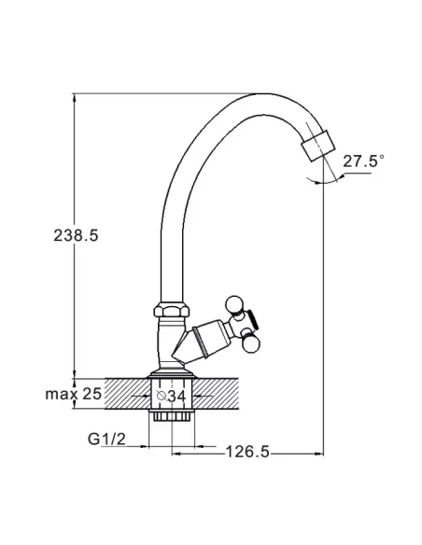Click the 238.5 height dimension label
pyautogui.click(x=76, y=235)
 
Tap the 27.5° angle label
pyautogui.click(x=363, y=161)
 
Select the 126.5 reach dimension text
pyautogui.click(x=247, y=452)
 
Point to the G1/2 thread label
pyautogui.click(x=106, y=439)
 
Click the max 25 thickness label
pyautogui.click(x=74, y=394)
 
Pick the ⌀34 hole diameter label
pyautogui.click(x=172, y=396)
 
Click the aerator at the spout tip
pyautogui.click(x=318, y=146)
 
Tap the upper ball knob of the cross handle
pyautogui.click(x=234, y=304)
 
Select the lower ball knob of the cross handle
pyautogui.click(x=251, y=344)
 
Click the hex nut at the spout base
pyautogui.click(x=172, y=309)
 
